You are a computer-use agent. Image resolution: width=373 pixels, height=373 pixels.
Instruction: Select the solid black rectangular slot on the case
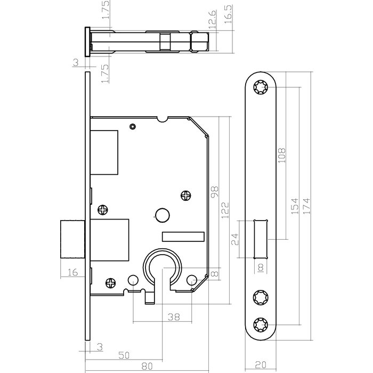[183, 236]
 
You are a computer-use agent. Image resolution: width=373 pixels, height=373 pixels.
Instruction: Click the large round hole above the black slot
[160, 215]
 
